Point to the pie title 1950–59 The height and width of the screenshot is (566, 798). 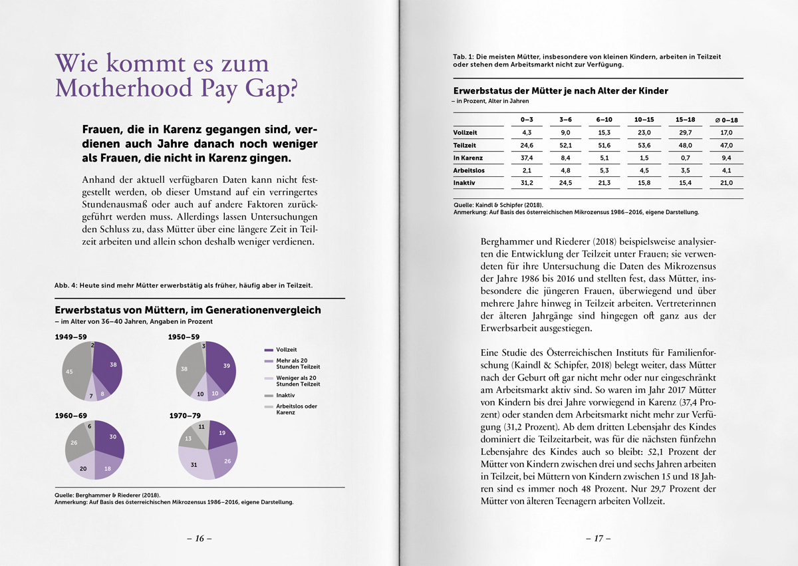(184, 337)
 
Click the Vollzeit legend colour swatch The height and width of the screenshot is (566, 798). (269, 350)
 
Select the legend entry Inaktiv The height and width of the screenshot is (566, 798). (286, 396)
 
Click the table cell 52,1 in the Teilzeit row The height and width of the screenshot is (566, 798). (566, 145)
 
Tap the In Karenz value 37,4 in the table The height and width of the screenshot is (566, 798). (527, 158)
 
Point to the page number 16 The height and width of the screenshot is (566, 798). (199, 539)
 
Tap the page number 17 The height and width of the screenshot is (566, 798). (598, 539)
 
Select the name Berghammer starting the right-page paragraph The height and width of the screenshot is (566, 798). (509, 243)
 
